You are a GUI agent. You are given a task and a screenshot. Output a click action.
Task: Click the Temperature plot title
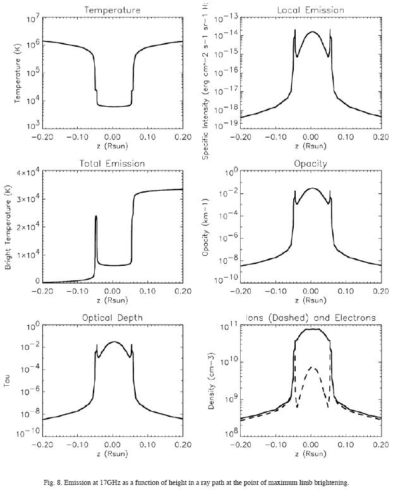tap(112, 10)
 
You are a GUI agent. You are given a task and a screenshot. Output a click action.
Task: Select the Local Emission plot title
tap(310, 10)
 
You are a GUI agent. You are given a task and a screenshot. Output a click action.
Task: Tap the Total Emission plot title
tap(112, 164)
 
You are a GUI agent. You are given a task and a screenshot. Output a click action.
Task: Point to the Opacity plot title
tap(310, 164)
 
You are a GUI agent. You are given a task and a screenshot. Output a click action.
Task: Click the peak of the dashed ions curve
tap(310, 367)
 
